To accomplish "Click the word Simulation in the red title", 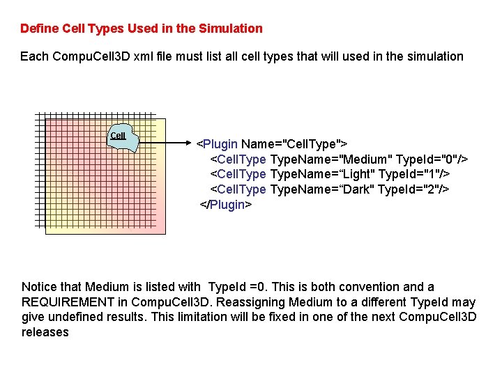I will click(231, 29).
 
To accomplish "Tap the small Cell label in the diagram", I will click(118, 136).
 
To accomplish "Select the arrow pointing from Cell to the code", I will click(167, 144).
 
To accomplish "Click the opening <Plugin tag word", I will click(217, 144).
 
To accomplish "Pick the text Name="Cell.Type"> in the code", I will click(294, 144).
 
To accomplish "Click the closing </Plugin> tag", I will click(225, 205).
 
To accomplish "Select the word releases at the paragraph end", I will click(45, 332).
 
